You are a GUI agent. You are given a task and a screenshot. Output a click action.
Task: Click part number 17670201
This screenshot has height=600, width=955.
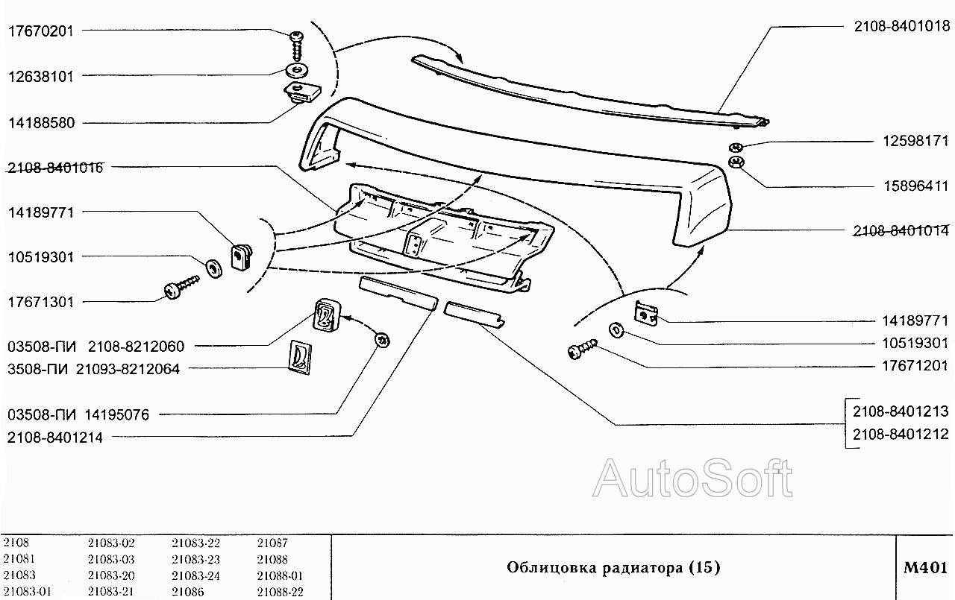42,31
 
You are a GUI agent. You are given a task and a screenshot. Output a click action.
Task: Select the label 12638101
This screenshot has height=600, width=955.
42,76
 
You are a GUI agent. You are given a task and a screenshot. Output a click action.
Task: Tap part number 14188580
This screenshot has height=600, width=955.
42,122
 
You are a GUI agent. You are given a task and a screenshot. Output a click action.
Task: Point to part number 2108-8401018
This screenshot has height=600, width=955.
901,26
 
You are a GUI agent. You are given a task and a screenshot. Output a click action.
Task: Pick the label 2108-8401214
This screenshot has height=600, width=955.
55,438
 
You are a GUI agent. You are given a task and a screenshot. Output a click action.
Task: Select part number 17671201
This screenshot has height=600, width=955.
912,366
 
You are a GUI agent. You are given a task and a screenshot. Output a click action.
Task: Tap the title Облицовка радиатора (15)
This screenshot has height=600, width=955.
613,568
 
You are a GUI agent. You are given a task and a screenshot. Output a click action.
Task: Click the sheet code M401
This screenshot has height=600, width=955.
925,568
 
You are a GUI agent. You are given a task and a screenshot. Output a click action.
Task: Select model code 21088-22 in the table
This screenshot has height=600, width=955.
280,593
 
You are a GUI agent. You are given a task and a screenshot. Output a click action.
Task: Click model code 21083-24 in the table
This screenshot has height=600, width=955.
195,575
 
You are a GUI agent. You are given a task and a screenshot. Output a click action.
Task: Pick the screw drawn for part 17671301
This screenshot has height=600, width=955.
181,288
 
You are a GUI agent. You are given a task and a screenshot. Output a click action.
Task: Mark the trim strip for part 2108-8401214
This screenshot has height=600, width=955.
396,294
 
